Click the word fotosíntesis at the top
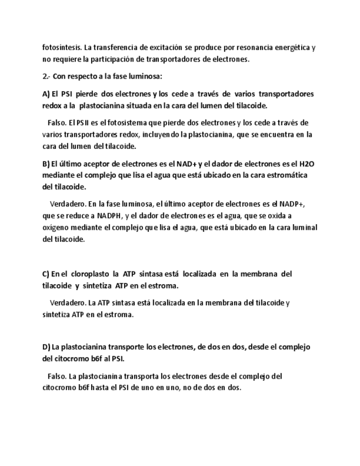(62, 47)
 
